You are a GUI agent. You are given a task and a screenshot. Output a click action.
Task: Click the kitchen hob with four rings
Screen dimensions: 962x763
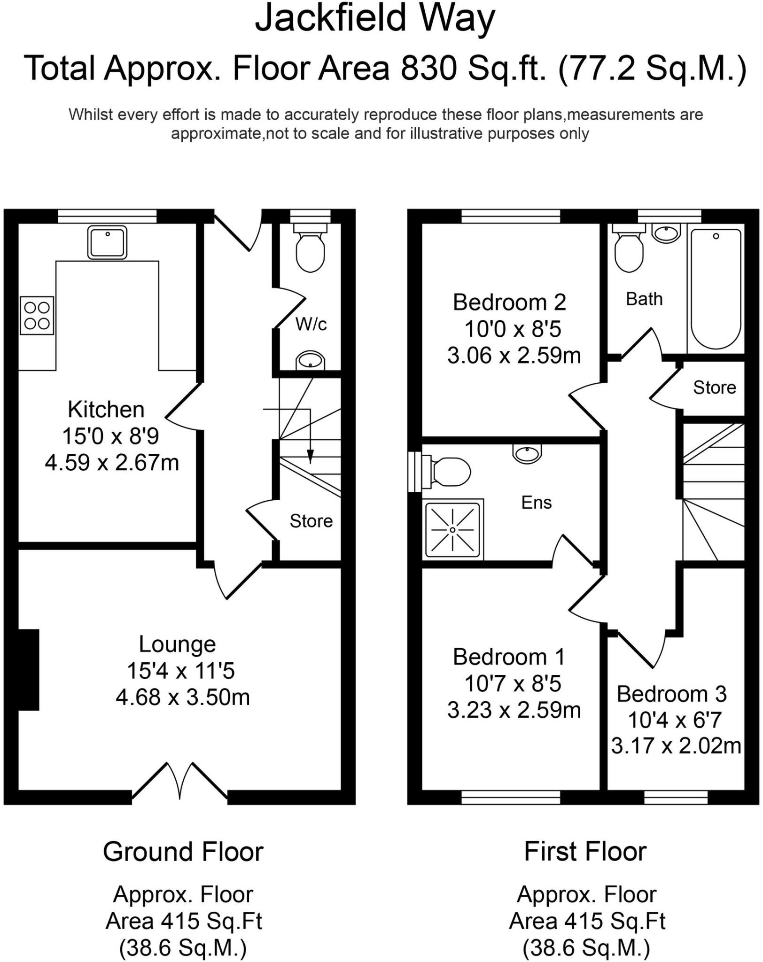point(37,316)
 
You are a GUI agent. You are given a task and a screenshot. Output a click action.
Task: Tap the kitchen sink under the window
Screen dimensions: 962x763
point(107,242)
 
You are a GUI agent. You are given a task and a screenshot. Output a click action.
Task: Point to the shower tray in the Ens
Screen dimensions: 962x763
point(453,530)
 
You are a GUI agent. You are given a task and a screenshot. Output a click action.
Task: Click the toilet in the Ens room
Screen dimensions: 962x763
point(449,471)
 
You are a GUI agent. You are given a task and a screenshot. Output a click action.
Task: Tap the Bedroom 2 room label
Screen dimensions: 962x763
point(509,303)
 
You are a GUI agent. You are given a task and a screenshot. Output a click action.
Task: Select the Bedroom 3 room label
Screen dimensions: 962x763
point(671,694)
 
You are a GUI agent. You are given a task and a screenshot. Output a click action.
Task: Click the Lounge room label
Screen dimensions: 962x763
point(177,644)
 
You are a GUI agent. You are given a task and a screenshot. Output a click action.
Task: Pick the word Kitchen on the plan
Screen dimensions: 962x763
point(106,410)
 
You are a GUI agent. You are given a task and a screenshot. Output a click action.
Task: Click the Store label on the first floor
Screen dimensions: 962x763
point(714,388)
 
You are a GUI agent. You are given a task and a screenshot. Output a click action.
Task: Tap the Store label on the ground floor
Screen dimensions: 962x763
point(311,521)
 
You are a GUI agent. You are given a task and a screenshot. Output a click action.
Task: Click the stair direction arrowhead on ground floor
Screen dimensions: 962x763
point(310,456)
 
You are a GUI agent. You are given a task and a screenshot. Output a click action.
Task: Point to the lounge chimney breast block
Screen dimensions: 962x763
point(28,670)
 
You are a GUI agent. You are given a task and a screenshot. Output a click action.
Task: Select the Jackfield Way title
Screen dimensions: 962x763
point(375,19)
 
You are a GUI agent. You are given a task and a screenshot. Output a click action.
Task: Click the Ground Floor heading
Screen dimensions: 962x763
point(183,852)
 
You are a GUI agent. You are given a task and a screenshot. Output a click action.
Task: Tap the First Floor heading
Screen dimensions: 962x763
point(585,852)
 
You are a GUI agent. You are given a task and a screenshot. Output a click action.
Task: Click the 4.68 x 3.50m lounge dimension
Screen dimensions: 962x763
point(183,698)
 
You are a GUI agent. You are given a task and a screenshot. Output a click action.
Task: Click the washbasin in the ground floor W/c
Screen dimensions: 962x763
point(310,361)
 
